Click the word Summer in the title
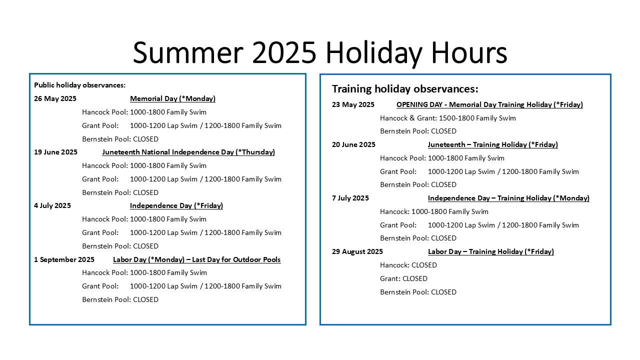pos(188,53)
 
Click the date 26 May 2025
pos(55,98)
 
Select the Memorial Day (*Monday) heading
pos(172,99)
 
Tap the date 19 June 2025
pos(55,152)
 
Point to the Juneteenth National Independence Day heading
pos(188,152)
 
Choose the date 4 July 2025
pos(52,205)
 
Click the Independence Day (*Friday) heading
pos(176,205)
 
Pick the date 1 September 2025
pos(64,259)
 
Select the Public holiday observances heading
pos(79,85)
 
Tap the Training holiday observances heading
pos(405,89)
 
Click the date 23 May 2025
pos(353,104)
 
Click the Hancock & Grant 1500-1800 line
pos(447,118)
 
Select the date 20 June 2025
pos(353,144)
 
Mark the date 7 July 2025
pos(350,198)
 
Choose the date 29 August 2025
pos(357,251)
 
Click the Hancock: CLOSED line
pos(408,265)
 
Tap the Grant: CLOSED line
pos(403,278)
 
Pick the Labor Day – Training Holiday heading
pos(491,251)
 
